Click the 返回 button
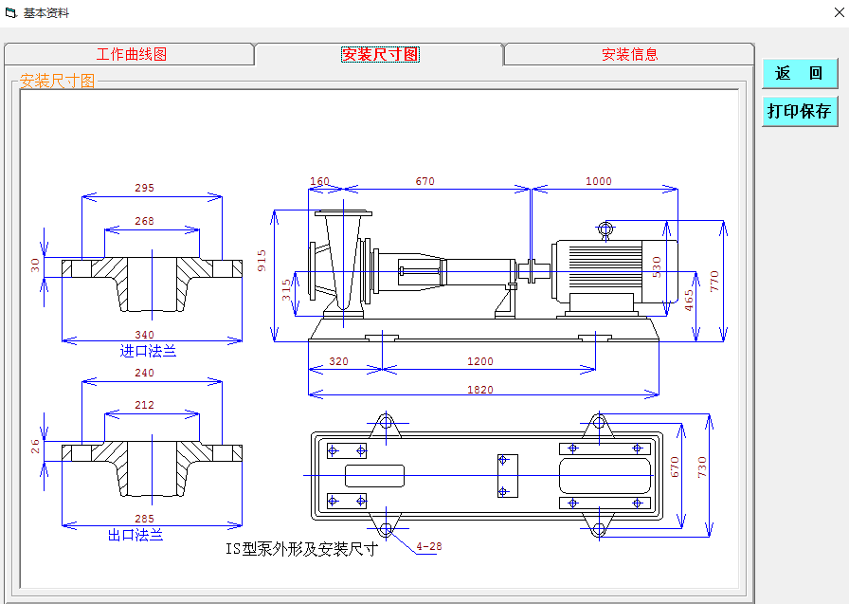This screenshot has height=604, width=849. (800, 74)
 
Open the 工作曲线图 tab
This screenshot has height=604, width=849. (131, 55)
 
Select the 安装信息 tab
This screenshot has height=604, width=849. (629, 55)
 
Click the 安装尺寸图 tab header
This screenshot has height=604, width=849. (379, 55)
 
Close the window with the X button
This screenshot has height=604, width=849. (838, 13)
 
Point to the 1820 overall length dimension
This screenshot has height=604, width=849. (480, 389)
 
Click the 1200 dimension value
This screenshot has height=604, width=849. (480, 361)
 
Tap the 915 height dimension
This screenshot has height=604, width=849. (262, 261)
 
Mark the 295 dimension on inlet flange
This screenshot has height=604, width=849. (144, 188)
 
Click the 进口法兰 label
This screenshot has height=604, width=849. (148, 351)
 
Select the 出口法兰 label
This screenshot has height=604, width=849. (135, 535)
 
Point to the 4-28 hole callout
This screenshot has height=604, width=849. (429, 546)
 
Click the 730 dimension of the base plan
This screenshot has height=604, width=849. (702, 466)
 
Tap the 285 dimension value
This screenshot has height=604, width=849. (144, 519)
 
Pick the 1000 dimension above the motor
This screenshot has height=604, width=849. (599, 181)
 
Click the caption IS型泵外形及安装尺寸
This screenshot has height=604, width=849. (301, 549)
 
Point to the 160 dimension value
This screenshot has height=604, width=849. (320, 181)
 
